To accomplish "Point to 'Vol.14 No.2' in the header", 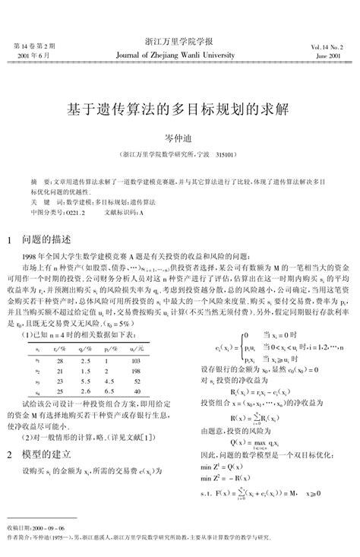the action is pyautogui.click(x=327, y=47).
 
